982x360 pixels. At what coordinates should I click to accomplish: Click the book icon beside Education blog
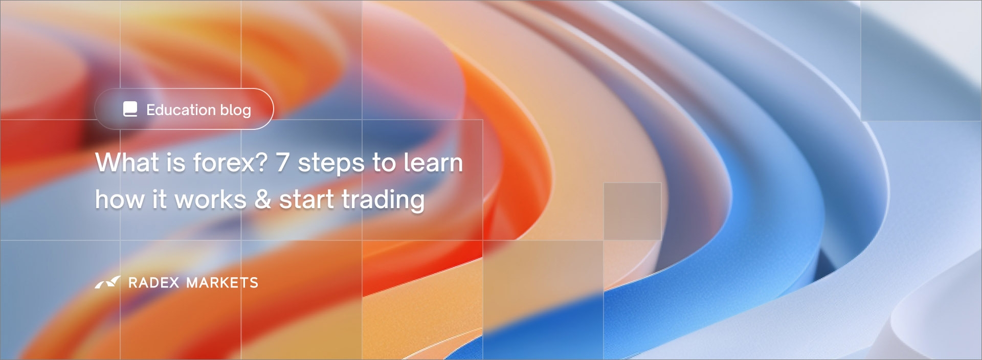point(130,109)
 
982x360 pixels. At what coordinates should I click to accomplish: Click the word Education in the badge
point(181,109)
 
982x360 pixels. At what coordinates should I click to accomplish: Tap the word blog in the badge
point(236,110)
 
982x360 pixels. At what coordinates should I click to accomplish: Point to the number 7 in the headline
point(283,163)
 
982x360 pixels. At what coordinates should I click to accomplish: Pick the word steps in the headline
point(331,165)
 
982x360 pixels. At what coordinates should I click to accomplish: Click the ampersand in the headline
point(263,199)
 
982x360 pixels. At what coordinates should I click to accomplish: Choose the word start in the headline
point(306,199)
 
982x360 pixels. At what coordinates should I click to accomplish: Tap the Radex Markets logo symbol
point(108,282)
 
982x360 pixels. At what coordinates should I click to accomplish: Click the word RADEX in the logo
point(153,283)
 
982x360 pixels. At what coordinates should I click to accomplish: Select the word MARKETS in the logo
point(222,283)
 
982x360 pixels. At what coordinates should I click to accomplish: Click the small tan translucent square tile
point(632,211)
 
